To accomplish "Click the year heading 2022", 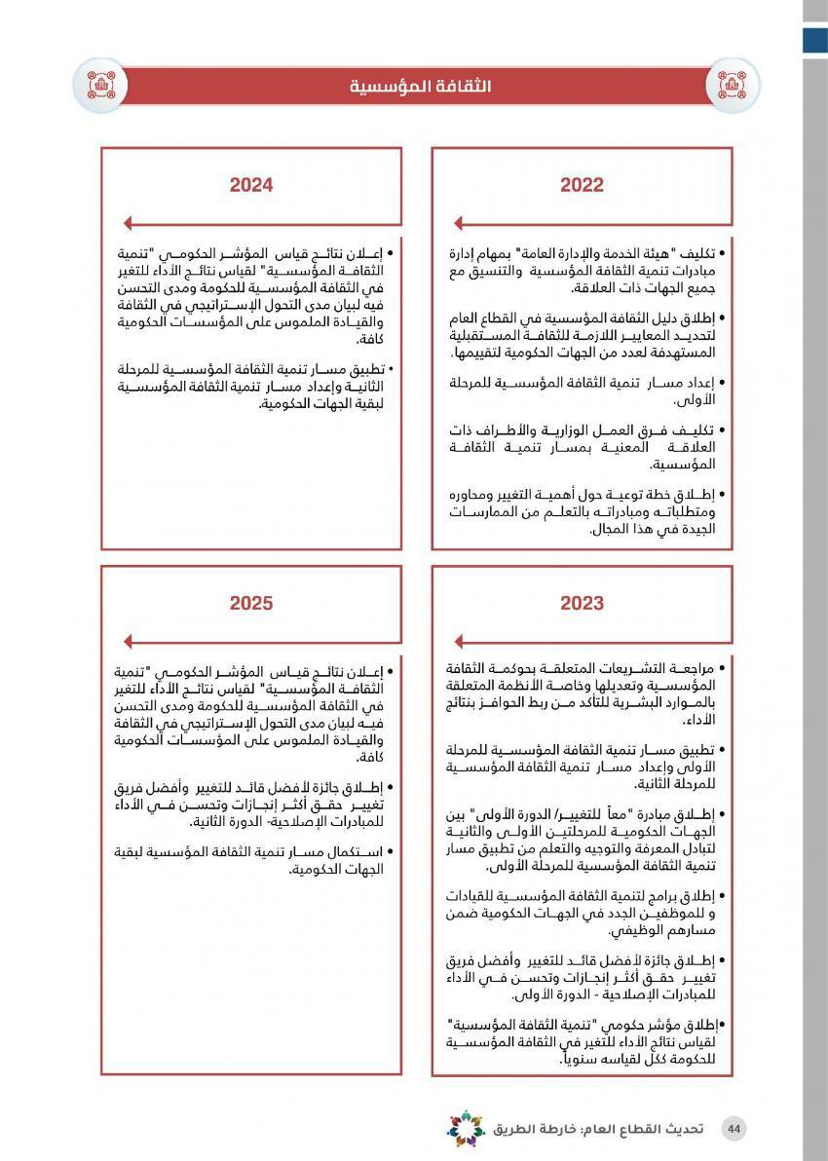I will (x=582, y=185).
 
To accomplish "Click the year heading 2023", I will (x=582, y=604).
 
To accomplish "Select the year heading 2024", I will (x=251, y=185).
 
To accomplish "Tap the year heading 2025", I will (x=251, y=604).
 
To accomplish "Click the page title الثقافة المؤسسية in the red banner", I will (x=421, y=87).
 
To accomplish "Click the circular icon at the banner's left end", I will (x=101, y=85).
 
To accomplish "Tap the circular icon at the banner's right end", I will (x=733, y=85).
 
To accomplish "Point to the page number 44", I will (x=734, y=1129).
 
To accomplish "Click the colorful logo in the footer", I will (x=466, y=1129).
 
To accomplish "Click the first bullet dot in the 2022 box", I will (x=735, y=253).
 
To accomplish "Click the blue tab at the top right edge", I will (x=814, y=40).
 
